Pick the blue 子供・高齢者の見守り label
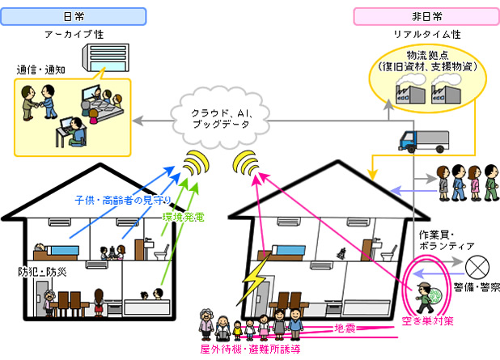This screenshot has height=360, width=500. click(121, 200)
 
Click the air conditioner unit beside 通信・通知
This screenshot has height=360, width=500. click(100, 57)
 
